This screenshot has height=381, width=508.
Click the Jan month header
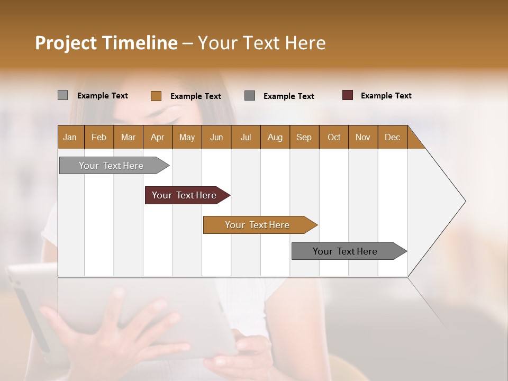click(x=70, y=137)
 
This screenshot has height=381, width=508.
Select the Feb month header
click(x=99, y=137)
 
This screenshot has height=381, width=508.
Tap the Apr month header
click(x=157, y=137)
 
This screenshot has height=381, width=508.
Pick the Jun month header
click(x=216, y=137)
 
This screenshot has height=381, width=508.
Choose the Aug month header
click(x=275, y=137)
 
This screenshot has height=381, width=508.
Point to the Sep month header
click(x=304, y=137)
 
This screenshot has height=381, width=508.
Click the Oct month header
click(x=334, y=137)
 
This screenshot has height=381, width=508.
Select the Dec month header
click(x=392, y=137)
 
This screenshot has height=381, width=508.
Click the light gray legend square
click(x=62, y=95)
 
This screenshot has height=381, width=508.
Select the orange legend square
click(x=156, y=96)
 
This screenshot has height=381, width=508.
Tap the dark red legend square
click(x=347, y=95)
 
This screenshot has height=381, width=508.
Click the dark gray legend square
click(x=250, y=95)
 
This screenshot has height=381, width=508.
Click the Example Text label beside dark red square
click(x=386, y=96)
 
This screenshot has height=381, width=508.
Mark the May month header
click(x=187, y=137)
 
